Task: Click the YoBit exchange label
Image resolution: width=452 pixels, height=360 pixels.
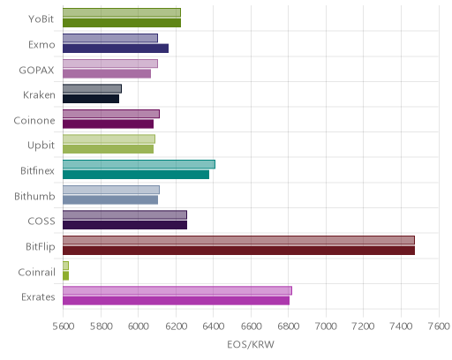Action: [41, 19]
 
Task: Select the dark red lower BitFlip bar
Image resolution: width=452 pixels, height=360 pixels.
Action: [238, 251]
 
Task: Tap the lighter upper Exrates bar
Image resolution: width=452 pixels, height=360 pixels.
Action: [177, 290]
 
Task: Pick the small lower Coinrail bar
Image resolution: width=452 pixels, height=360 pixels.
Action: [65, 276]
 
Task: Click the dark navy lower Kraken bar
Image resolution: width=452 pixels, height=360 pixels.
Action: [91, 99]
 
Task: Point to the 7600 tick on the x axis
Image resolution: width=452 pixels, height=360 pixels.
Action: [439, 326]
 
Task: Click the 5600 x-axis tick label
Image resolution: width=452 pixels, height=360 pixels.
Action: [64, 326]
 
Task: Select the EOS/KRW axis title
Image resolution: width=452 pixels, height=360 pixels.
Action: [251, 344]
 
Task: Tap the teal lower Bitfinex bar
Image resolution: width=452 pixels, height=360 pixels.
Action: [136, 175]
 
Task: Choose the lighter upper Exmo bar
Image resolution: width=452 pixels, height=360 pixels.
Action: [110, 38]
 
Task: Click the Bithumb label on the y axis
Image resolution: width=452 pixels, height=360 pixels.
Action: [34, 196]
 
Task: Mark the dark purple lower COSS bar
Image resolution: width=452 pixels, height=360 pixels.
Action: [124, 225]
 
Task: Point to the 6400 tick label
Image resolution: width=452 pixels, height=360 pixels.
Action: [214, 326]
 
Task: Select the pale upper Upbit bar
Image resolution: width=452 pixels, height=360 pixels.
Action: [109, 139]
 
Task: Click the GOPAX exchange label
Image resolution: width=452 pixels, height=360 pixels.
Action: [37, 71]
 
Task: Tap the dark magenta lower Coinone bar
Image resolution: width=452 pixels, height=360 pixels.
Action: [108, 124]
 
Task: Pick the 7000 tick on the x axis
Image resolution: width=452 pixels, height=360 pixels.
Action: [326, 326]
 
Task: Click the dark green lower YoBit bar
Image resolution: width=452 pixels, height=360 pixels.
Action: [122, 23]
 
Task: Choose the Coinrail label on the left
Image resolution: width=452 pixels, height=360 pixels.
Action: [36, 273]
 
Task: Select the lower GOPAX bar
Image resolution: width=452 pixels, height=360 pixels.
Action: [107, 74]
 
